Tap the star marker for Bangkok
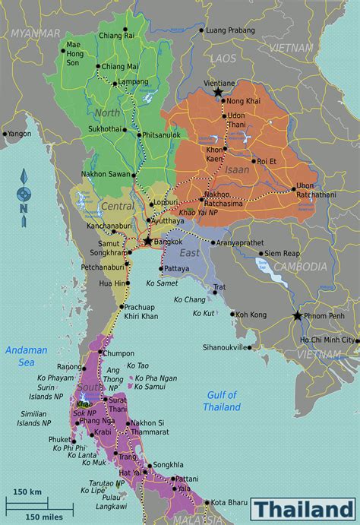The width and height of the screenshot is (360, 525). [x=147, y=240]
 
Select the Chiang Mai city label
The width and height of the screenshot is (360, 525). [x=120, y=67]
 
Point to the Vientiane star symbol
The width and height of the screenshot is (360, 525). [x=218, y=92]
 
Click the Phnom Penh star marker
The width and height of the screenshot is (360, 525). [x=296, y=316]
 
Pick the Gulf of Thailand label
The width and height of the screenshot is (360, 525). [x=222, y=400]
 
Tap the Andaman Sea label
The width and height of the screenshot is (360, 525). [x=26, y=356]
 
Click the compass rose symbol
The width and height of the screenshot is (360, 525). [x=24, y=194]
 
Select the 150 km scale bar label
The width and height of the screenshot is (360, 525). [x=27, y=492]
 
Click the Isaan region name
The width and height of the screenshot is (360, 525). [x=237, y=170]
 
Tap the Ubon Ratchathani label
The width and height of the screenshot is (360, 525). [x=314, y=190]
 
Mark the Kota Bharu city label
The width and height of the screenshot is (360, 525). [x=231, y=502]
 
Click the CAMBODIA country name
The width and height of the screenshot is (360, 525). [x=300, y=267]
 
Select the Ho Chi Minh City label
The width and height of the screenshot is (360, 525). [x=327, y=340]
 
